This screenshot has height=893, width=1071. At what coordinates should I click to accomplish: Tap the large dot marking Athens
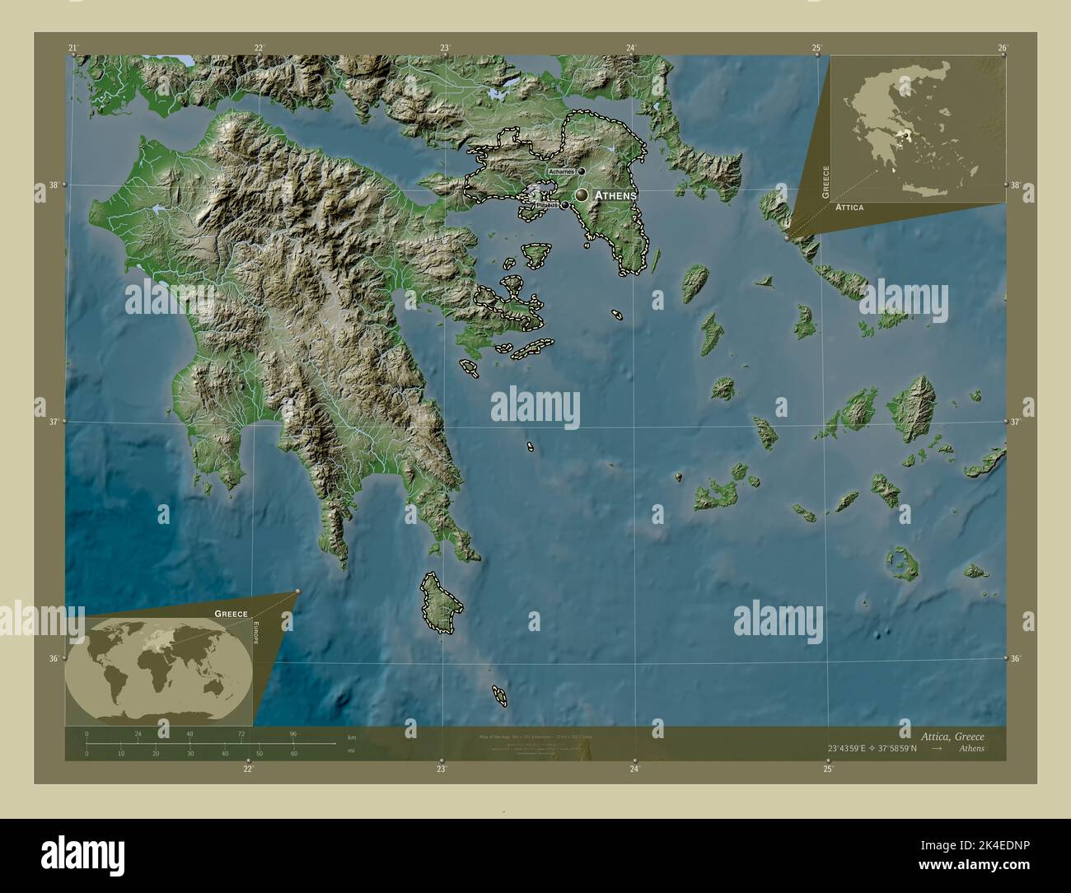[x=582, y=194]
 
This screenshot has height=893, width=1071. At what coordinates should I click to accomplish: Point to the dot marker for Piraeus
[x=565, y=205]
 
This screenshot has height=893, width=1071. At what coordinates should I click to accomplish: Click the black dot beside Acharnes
[x=581, y=171]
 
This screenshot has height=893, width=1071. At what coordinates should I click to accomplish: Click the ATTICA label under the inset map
[x=849, y=208]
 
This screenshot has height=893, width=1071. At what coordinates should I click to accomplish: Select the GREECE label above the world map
[x=231, y=614]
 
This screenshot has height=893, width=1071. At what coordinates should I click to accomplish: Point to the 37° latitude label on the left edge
[x=54, y=422]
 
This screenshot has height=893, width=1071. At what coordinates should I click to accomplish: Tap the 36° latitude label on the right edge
[x=1015, y=659]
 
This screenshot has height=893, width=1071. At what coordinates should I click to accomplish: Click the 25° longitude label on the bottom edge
[x=827, y=769]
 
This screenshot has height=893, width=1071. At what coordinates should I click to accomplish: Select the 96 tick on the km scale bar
[x=292, y=733]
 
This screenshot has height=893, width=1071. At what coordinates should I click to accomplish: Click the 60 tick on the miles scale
[x=293, y=754]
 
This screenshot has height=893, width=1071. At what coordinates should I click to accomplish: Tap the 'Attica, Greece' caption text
[x=947, y=735]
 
